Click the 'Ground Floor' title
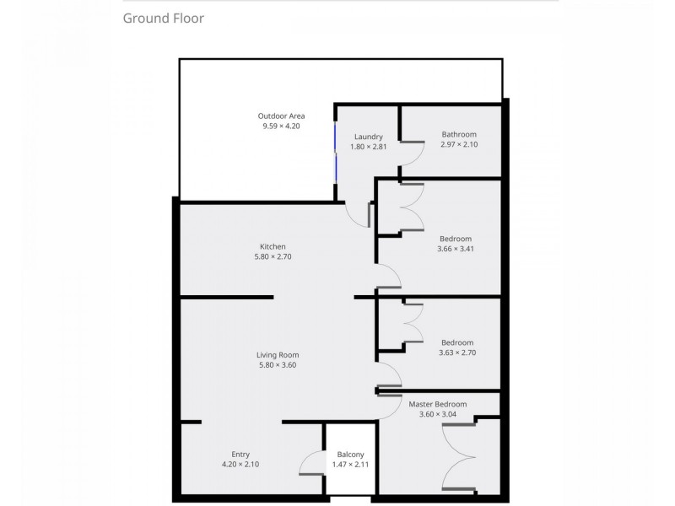(x=164, y=18)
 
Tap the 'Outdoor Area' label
(x=281, y=116)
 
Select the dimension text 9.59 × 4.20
(x=281, y=126)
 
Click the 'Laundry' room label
(x=368, y=137)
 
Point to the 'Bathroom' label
(x=459, y=134)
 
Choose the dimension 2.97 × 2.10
(x=459, y=144)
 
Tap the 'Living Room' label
(x=278, y=355)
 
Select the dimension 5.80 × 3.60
(x=278, y=365)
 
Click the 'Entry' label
(x=240, y=454)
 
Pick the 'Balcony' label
(x=350, y=454)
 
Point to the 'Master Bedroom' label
(x=437, y=404)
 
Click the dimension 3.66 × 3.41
(x=455, y=249)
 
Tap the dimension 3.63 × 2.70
(x=458, y=353)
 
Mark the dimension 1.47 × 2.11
(x=350, y=464)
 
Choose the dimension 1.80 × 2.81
(x=368, y=147)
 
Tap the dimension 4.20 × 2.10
(x=240, y=464)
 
